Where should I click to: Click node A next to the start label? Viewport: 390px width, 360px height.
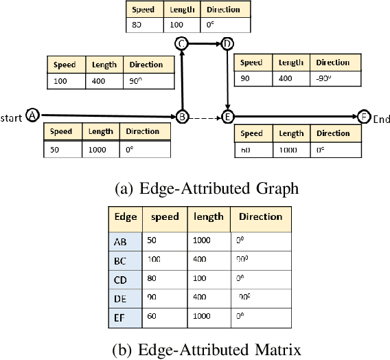(x=31, y=115)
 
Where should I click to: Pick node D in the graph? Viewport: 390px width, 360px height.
(x=227, y=44)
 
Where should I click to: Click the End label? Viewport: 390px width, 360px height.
(x=381, y=119)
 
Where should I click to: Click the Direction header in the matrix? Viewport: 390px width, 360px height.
(x=260, y=217)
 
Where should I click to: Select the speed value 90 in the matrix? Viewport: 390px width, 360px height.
(x=152, y=298)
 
